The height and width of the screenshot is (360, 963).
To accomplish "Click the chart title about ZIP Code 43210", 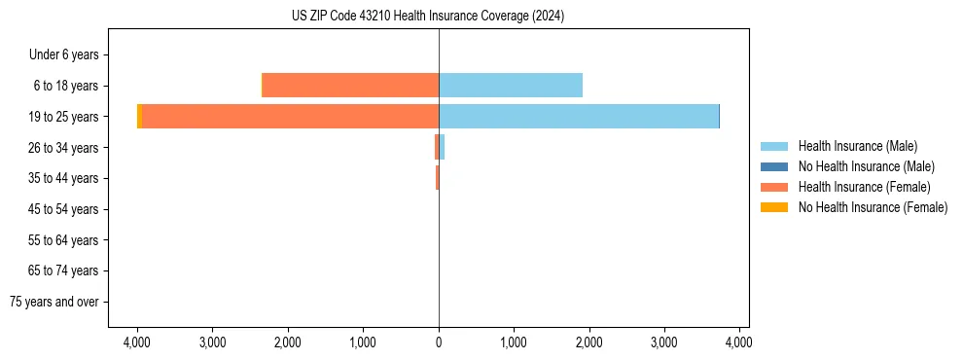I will [428, 17].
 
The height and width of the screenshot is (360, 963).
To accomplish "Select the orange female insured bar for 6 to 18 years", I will [350, 86].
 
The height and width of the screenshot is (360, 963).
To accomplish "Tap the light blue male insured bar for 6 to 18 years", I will [511, 86].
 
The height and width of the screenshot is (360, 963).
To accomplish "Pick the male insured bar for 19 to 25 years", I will [579, 116].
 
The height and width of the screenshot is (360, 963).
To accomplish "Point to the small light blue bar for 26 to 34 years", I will [442, 147].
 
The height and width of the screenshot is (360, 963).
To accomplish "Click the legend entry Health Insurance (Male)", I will [857, 146].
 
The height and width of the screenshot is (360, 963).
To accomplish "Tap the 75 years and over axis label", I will [54, 302].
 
